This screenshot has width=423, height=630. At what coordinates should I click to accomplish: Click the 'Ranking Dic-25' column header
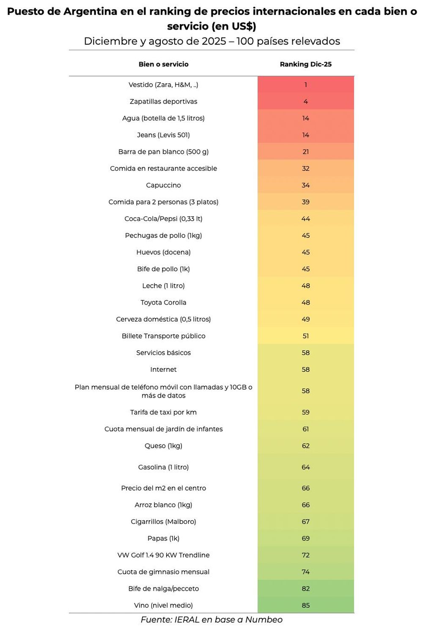[x=305, y=64]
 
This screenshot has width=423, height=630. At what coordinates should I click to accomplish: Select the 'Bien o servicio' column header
[x=163, y=64]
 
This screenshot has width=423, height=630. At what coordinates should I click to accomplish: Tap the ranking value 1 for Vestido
[x=305, y=85]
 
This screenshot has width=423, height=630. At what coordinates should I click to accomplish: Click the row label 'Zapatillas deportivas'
[x=163, y=101]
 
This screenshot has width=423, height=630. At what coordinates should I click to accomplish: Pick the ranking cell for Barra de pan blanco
[x=305, y=152]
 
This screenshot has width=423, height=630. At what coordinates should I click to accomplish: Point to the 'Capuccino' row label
[x=163, y=185]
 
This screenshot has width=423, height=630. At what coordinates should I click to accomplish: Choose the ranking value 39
[x=305, y=202]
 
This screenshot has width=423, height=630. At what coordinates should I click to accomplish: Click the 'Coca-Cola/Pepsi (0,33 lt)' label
[x=163, y=219]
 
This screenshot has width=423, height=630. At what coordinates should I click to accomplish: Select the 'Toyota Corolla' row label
[x=163, y=303]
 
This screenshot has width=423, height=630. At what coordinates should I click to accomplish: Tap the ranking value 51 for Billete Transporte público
[x=305, y=336]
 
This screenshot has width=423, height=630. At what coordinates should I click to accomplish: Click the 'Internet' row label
[x=163, y=369]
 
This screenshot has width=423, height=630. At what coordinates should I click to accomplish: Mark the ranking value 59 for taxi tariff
[x=305, y=412]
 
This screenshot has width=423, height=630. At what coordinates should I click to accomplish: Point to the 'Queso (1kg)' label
[x=163, y=446]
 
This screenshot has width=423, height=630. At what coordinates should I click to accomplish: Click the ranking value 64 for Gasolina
[x=305, y=467]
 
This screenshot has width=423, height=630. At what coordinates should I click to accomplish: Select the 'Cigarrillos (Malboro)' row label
[x=163, y=521]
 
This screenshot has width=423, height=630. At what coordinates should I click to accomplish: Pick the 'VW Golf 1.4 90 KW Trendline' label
[x=163, y=555]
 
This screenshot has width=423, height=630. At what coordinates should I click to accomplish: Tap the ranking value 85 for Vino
[x=305, y=605]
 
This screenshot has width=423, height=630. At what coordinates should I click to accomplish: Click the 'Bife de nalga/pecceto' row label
[x=163, y=589]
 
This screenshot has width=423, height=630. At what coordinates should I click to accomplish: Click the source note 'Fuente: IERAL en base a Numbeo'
[x=211, y=620]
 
